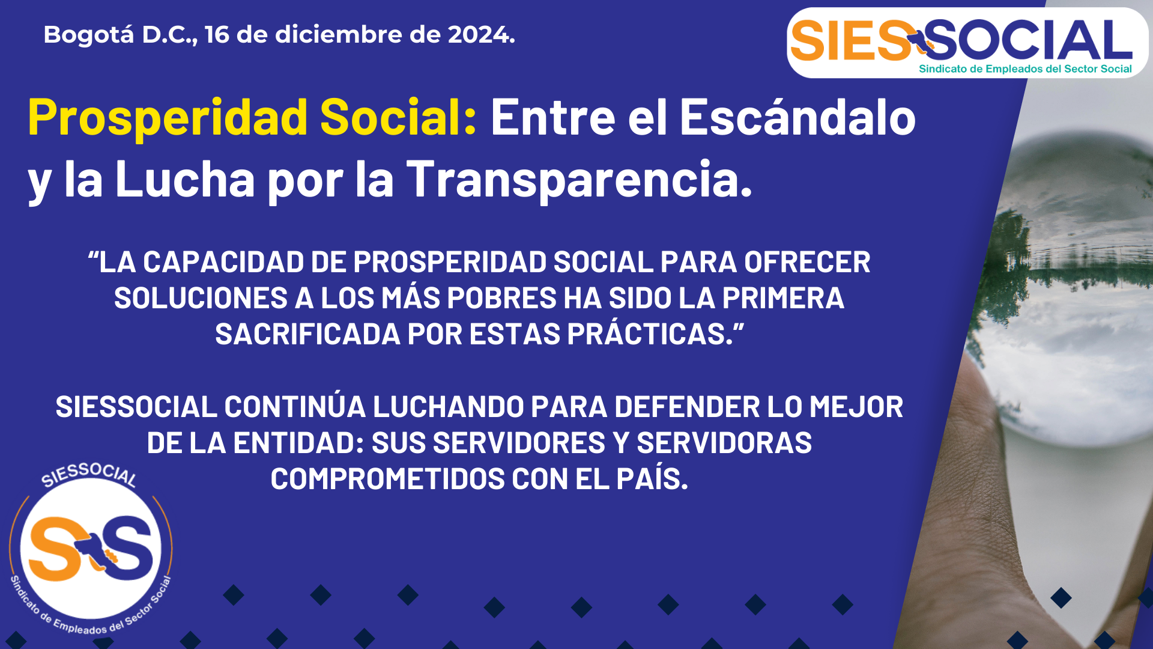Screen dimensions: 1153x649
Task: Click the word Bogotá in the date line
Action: [89, 35]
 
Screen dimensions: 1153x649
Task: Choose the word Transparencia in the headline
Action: [580, 180]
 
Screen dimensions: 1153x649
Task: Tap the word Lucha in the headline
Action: [185, 178]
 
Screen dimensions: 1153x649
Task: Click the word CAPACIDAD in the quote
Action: [223, 262]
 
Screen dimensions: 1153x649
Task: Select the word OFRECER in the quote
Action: [807, 262]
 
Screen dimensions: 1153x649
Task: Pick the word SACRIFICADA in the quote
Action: [307, 334]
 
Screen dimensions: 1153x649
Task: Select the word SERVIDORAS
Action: [724, 443]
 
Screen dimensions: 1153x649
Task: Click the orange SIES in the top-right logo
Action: [851, 41]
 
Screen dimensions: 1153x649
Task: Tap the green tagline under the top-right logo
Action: [1025, 69]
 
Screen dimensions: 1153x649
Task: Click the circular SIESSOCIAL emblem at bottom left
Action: [91, 549]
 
